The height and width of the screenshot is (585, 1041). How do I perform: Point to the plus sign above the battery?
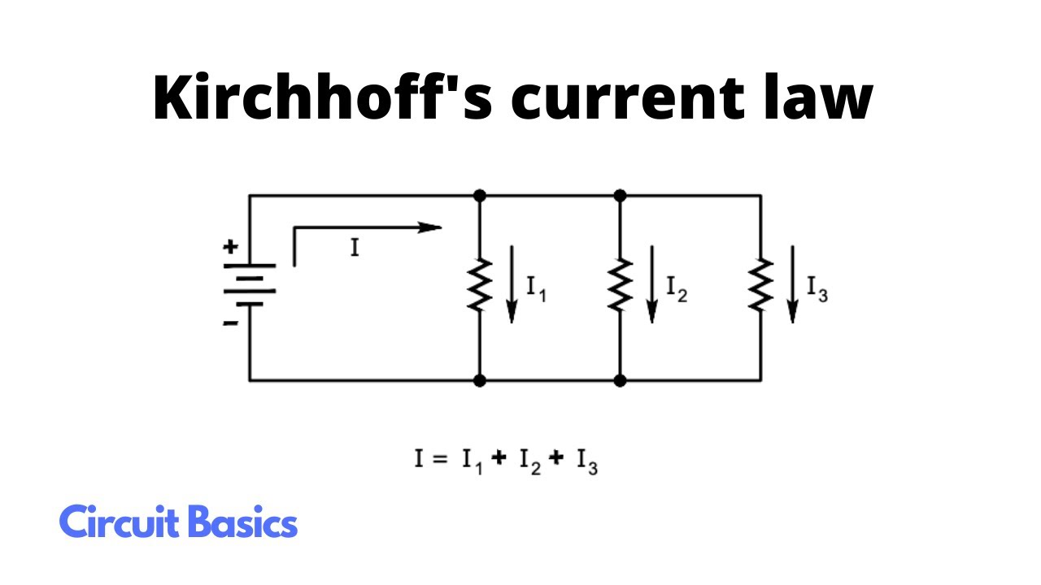[x=232, y=245]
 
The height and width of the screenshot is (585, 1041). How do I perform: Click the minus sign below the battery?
[x=232, y=322]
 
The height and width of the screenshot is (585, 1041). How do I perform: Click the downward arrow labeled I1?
[x=512, y=284]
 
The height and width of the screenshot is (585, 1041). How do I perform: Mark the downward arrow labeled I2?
[x=651, y=284]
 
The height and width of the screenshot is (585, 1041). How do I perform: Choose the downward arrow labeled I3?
[x=793, y=284]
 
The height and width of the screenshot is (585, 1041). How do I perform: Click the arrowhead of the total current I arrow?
[x=430, y=228]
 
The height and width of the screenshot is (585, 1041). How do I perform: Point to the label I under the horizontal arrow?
[x=355, y=248]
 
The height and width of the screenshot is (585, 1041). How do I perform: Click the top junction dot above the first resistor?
[x=480, y=196]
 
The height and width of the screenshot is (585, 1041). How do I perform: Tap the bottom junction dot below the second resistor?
[x=620, y=379]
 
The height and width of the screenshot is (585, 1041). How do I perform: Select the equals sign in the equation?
[x=440, y=459]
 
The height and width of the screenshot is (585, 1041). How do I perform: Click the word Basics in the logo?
[x=242, y=522]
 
